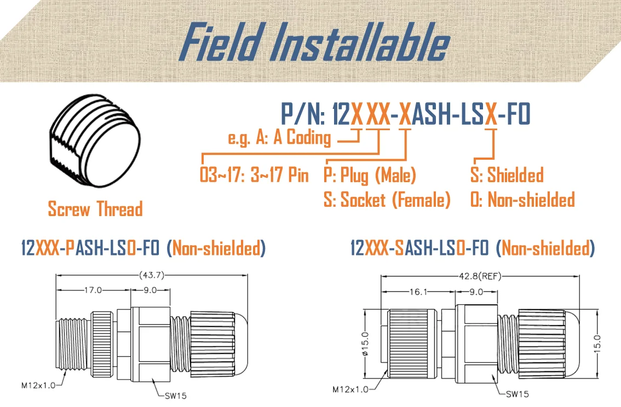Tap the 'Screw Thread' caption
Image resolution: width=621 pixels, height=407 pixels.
(95, 209)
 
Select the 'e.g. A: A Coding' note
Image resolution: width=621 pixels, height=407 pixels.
(279, 137)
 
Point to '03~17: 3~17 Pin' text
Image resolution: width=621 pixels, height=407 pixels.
(254, 176)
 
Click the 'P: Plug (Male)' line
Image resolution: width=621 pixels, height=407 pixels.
(370, 176)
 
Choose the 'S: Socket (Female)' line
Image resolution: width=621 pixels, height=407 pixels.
(387, 200)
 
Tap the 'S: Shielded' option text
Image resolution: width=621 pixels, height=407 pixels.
(507, 176)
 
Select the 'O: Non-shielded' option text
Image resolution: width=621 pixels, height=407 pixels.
(522, 200)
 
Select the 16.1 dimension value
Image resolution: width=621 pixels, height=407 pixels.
(418, 292)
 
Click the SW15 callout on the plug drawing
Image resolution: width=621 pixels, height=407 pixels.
(175, 395)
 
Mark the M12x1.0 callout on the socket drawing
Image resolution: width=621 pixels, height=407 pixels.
(350, 389)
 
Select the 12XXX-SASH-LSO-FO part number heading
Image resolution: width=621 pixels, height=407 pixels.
(419, 249)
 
